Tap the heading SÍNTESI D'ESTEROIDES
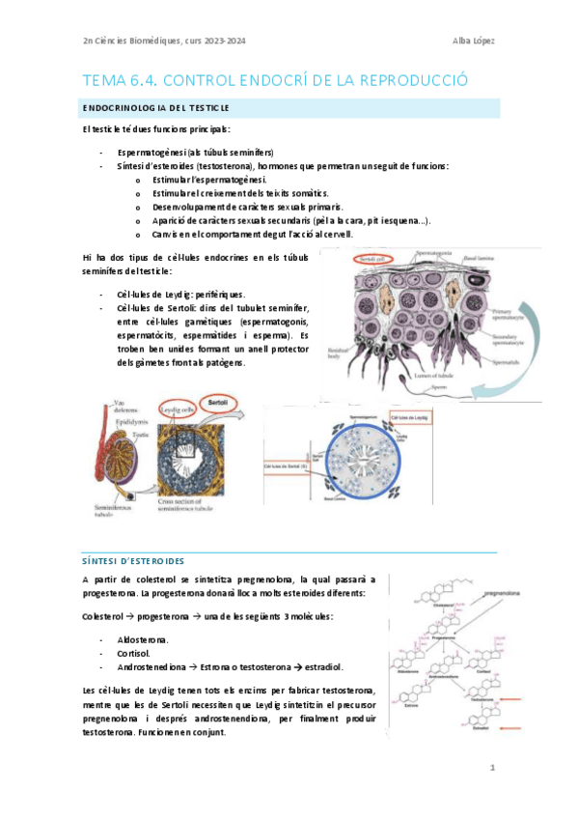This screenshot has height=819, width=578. [x=136, y=561]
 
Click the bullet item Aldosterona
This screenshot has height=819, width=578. [x=142, y=640]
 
